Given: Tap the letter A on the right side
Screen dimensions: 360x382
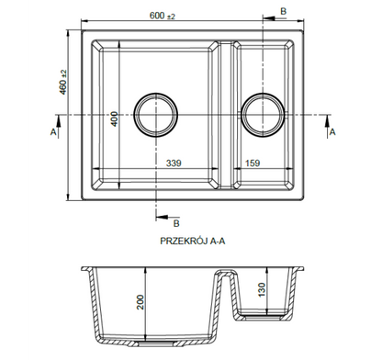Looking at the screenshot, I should pos(331,133).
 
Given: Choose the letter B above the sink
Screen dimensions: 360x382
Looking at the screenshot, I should pos(282,9).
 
